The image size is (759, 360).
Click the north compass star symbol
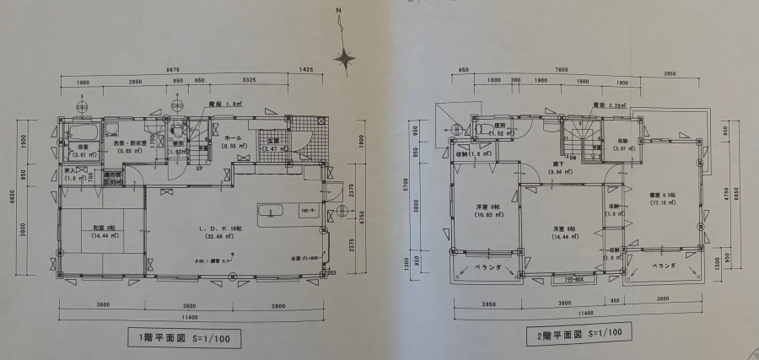344,58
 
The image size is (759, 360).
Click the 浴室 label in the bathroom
84,150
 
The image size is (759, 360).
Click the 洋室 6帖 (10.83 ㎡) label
477,210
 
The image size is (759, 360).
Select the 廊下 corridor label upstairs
557,167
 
